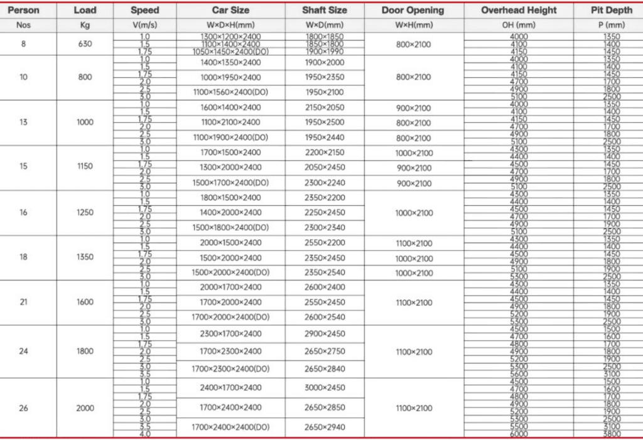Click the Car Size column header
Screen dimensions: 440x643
point(230,10)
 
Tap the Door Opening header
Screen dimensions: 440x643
point(413,10)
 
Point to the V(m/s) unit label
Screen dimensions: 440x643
point(145,25)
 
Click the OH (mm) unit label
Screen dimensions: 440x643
point(519,25)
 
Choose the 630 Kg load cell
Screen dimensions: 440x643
point(85,45)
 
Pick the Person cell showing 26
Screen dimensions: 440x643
point(23,408)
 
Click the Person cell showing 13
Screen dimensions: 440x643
point(23,122)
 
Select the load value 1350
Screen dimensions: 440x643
point(85,257)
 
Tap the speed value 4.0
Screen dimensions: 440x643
point(145,434)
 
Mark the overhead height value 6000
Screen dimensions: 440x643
point(519,434)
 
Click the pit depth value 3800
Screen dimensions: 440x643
point(611,434)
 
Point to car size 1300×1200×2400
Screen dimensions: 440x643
point(230,37)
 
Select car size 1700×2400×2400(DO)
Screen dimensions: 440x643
point(230,427)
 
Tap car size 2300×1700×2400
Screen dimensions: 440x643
point(230,334)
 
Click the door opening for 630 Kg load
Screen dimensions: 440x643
point(414,45)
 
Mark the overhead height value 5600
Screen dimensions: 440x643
point(519,373)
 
